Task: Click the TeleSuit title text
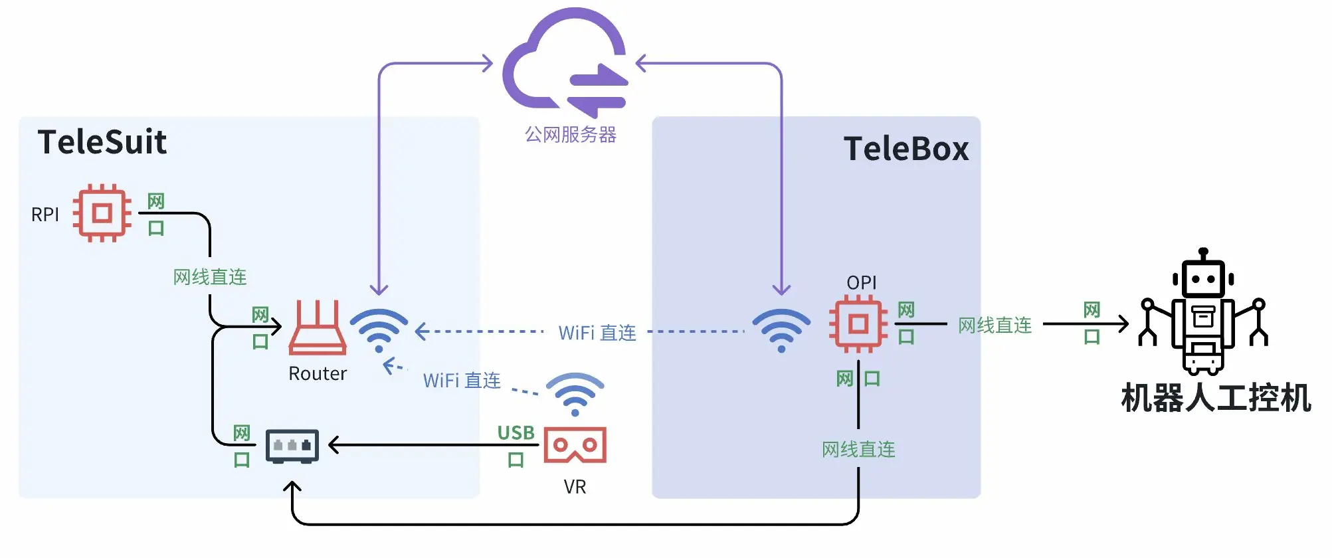tap(102, 142)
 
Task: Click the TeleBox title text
tap(905, 149)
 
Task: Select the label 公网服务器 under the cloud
tap(570, 135)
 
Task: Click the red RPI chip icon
tap(102, 213)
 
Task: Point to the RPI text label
tap(45, 215)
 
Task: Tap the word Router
tap(318, 374)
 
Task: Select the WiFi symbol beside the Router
tap(379, 329)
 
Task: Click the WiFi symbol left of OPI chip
tap(781, 329)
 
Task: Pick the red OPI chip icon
tap(858, 325)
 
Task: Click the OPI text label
tap(862, 283)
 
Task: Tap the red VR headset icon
tap(575, 445)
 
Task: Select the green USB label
tap(516, 433)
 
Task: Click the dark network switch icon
tap(292, 446)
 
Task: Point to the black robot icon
tap(1203, 312)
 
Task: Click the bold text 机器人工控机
tap(1216, 399)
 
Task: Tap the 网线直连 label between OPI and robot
tap(995, 325)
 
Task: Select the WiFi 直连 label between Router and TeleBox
tap(597, 333)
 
